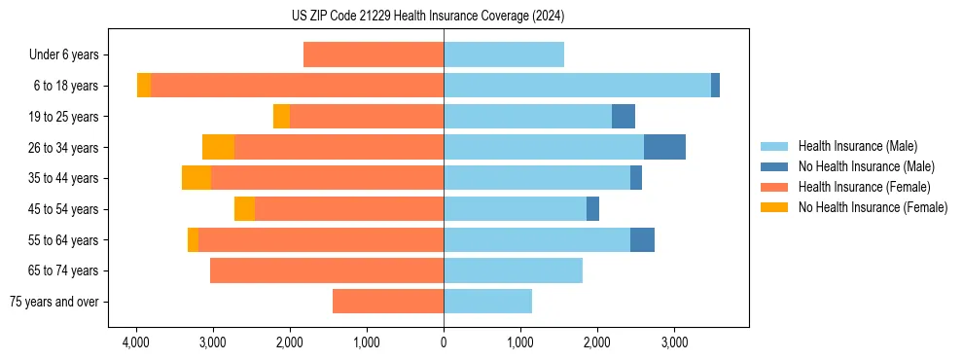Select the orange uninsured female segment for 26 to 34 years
coord(218,147)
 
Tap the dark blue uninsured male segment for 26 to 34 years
coord(664,147)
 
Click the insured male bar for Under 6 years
coord(504,54)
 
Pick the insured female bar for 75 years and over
coord(388,302)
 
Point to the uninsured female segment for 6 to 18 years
coord(144,86)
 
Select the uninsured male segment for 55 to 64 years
coord(642,240)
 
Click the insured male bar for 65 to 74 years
coord(513,270)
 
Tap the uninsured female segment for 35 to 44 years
coord(196,178)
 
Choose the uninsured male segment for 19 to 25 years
coord(624,117)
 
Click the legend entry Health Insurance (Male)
coord(857,146)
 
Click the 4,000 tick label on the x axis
coord(135,342)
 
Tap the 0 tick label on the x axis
coord(444,342)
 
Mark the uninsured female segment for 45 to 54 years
coord(244,209)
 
